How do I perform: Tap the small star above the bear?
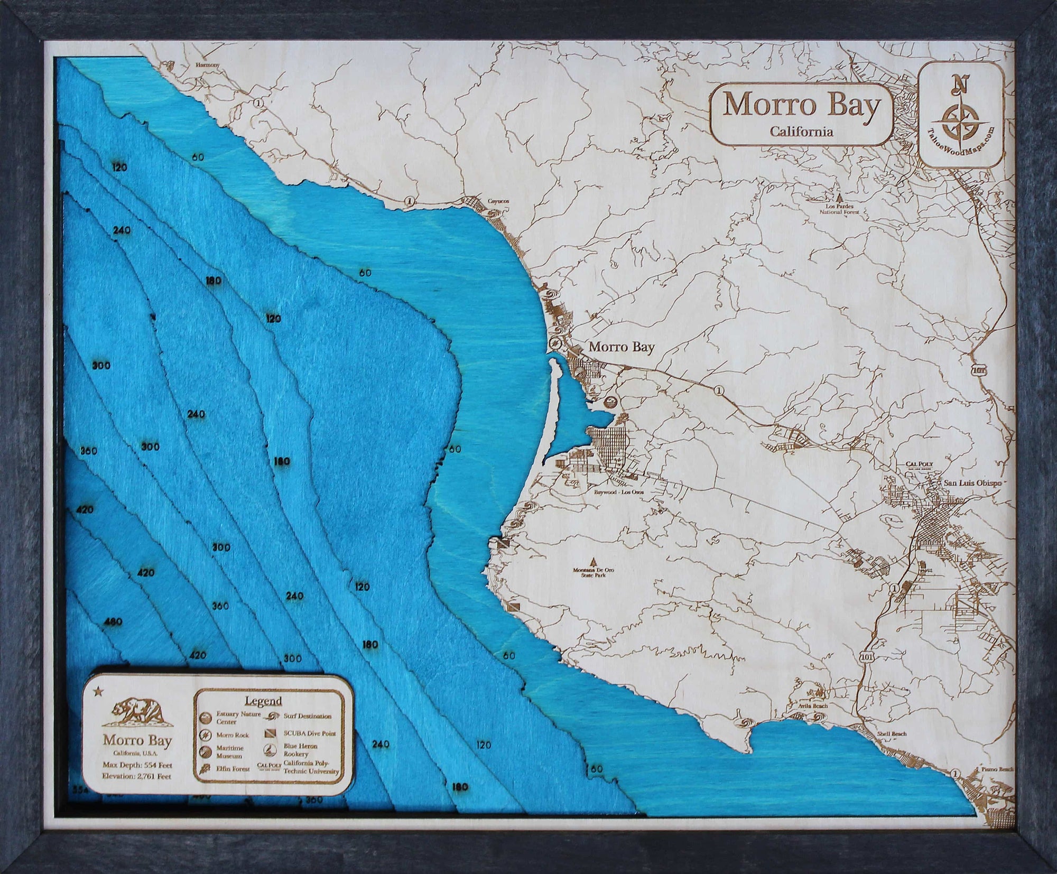(98, 691)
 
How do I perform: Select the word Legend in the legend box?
(263, 701)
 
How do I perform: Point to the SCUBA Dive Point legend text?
(310, 733)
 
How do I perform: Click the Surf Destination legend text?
(307, 716)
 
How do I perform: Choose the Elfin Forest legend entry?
(233, 769)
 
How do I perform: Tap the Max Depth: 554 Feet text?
(137, 765)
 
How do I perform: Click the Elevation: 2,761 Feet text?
(137, 776)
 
